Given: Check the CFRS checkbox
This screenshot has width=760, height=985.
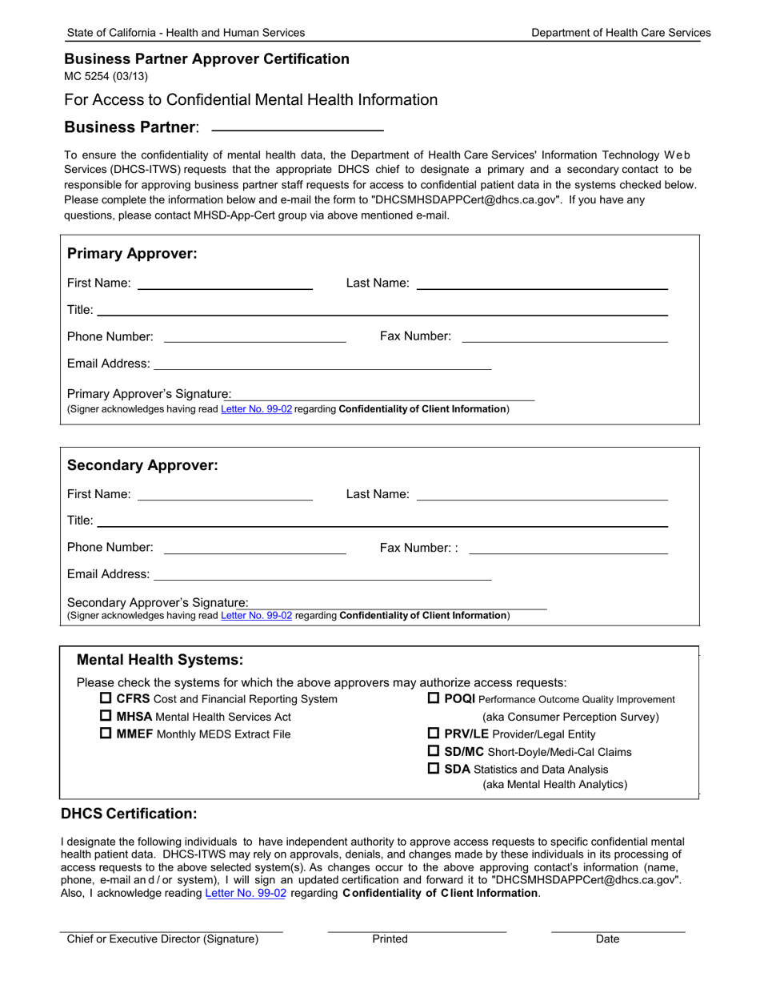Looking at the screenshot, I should [106, 699].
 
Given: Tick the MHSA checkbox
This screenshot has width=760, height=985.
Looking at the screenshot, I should [106, 717].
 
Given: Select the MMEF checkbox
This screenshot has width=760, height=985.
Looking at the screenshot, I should [106, 734].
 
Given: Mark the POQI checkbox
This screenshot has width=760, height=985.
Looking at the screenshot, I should [434, 699].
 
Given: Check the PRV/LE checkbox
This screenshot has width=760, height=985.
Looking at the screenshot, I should [434, 734].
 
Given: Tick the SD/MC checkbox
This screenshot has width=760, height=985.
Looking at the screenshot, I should [434, 751].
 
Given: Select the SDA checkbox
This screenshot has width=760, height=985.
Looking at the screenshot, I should [434, 769].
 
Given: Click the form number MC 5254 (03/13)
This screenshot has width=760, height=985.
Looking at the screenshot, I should [106, 77].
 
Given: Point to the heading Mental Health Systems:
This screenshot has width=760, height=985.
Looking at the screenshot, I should [159, 660].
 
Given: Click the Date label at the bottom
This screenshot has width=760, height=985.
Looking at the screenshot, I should [607, 939].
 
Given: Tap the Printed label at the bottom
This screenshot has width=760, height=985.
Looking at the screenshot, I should [390, 939].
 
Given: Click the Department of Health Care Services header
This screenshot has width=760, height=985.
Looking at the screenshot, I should [621, 33].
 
